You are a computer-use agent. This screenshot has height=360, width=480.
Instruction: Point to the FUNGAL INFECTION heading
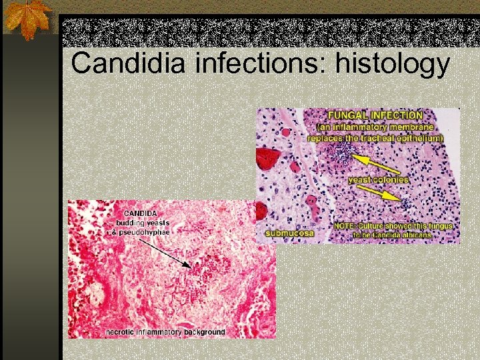click(x=370, y=115)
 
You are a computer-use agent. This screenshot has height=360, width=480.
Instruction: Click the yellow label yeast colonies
click(x=378, y=180)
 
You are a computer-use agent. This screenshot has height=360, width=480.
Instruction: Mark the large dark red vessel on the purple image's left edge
click(x=269, y=159)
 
